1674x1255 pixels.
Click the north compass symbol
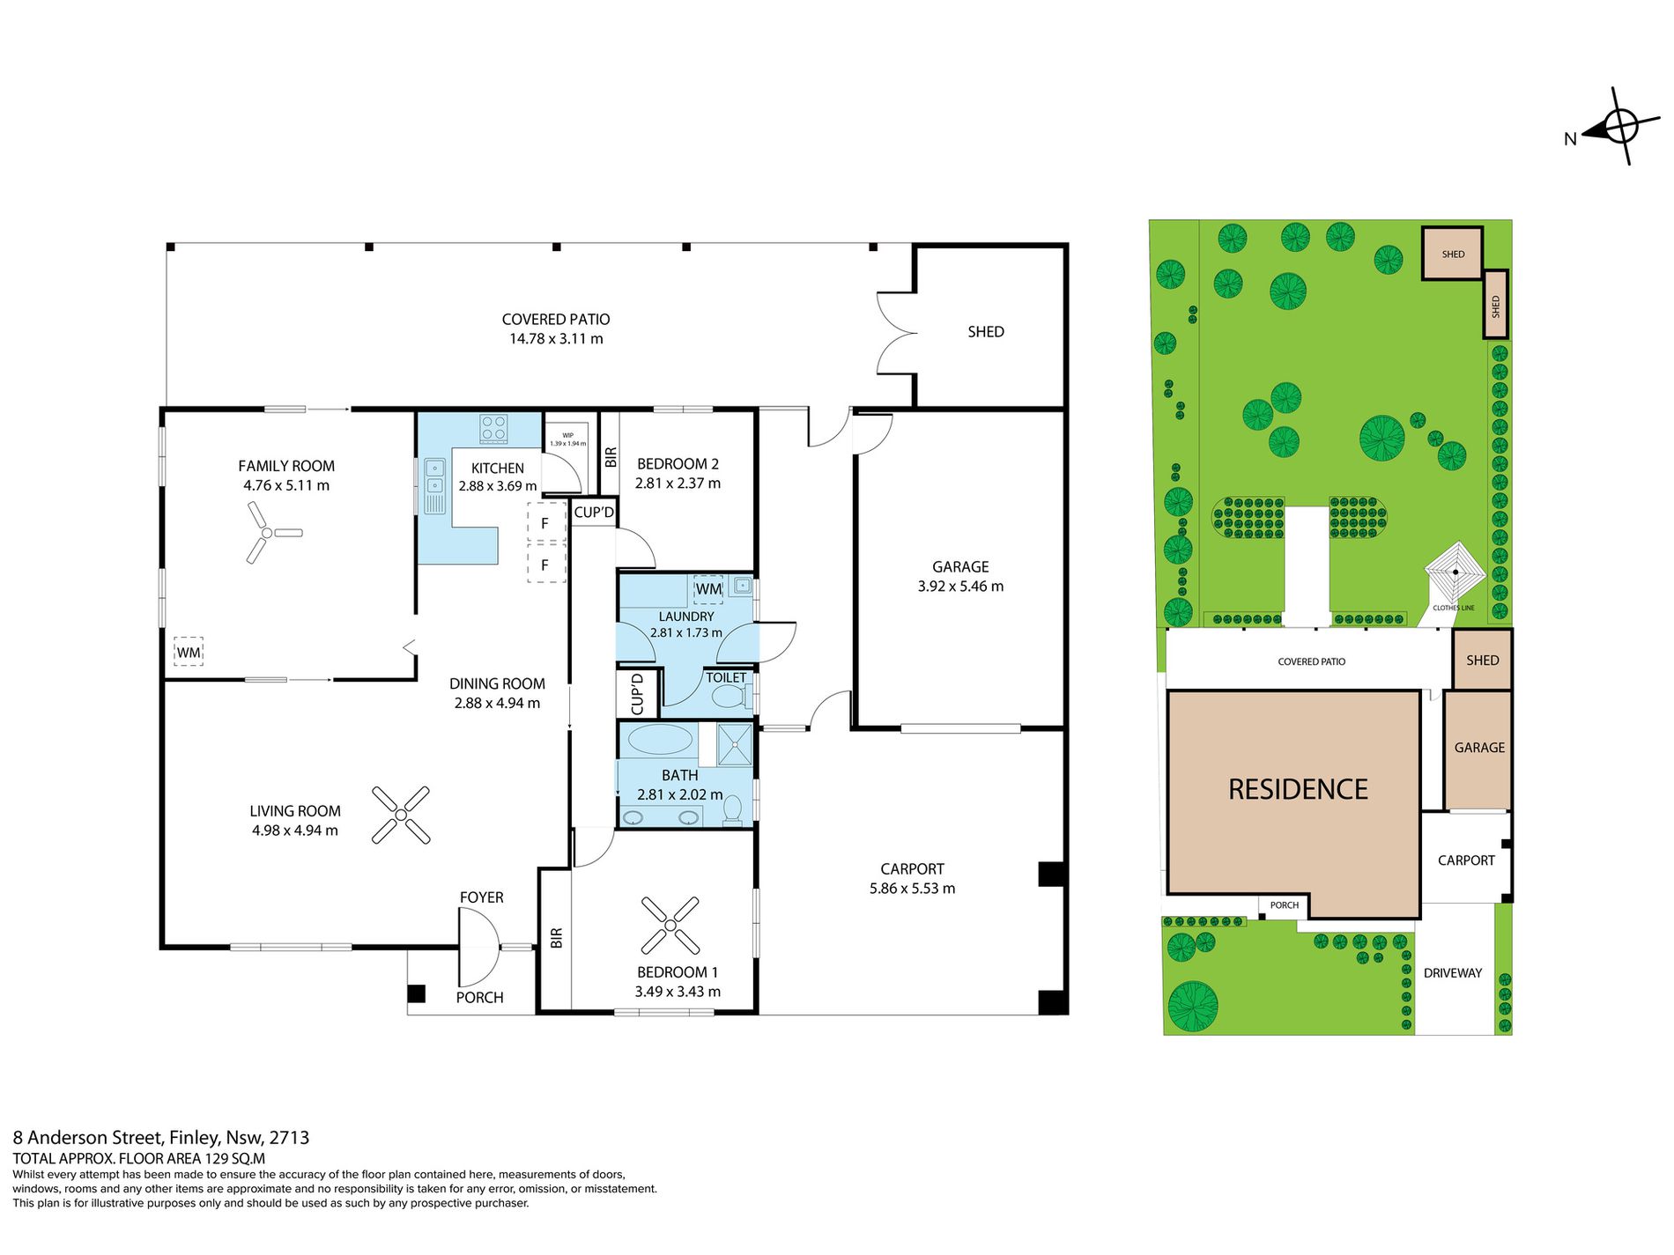coord(1619,126)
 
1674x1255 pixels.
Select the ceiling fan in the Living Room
coord(401,815)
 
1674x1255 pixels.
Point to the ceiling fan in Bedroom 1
coord(670,925)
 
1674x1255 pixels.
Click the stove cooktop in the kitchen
coord(493,429)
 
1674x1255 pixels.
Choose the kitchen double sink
coord(435,485)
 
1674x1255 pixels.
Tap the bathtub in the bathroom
coord(660,740)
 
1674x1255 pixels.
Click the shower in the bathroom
coord(734,744)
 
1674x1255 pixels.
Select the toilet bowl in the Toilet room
coord(730,698)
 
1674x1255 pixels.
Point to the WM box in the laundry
coord(708,589)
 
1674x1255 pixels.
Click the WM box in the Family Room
coord(189,652)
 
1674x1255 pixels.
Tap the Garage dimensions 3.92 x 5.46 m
coord(960,587)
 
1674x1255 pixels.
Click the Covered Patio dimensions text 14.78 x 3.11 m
coord(556,339)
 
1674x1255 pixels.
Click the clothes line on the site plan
coord(1455,572)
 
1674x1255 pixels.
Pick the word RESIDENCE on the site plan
coord(1298,789)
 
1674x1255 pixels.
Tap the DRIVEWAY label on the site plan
coord(1453,973)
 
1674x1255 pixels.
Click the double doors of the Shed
coord(897,333)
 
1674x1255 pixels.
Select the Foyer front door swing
coord(479,947)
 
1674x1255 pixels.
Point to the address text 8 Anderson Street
coord(87,1138)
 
